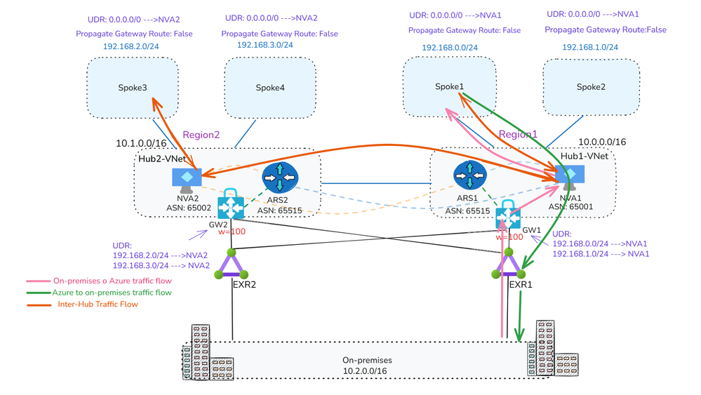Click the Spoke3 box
pos(133,88)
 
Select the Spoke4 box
pos(269,88)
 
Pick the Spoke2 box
pos(591,87)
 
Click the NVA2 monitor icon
pos(187,180)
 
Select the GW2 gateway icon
pos(230,206)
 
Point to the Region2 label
pos(201,135)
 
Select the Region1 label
pos(518,135)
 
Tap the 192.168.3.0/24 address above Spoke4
pos(265,45)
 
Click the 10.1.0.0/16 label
pos(141,144)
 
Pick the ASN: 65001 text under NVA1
pos(571,206)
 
